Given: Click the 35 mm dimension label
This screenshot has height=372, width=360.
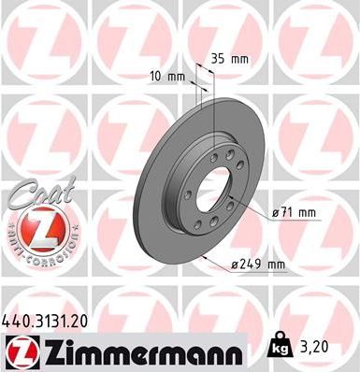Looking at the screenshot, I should click(x=228, y=57).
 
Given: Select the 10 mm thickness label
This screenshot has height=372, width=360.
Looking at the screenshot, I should click(x=166, y=76).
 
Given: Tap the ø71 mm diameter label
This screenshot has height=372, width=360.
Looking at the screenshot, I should click(x=295, y=212).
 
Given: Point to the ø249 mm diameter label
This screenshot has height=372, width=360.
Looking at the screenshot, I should click(x=258, y=265).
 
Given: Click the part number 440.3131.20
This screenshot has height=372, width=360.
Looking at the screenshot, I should click(x=47, y=321).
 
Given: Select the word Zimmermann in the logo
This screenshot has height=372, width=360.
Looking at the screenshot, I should click(x=136, y=352).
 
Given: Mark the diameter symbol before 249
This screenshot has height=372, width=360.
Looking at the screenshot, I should click(x=236, y=265).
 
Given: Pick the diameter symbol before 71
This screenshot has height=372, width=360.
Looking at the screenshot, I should click(x=276, y=212).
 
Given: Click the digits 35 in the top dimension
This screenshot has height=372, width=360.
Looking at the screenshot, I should click(x=218, y=57).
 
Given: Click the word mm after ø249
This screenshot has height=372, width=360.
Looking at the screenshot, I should click(x=275, y=265).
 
